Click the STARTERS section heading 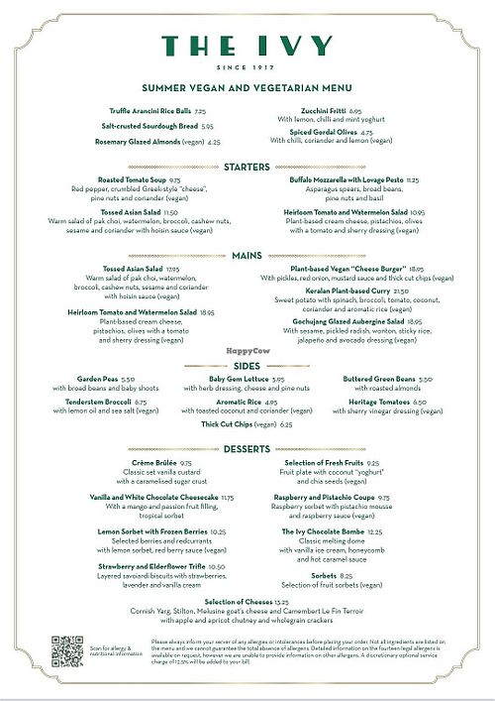(247, 166)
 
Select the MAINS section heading (247, 255)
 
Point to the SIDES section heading (247, 366)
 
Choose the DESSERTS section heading (247, 449)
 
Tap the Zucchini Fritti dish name (324, 112)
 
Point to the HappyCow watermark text (247, 351)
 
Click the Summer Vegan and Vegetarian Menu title (247, 88)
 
